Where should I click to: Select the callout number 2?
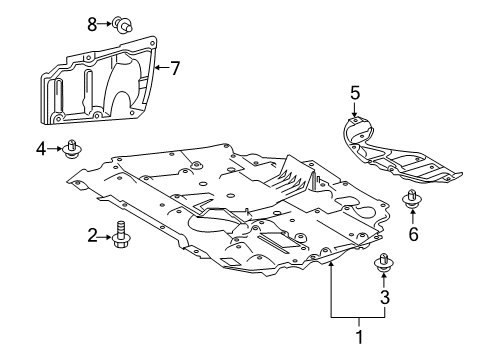[x=91, y=235]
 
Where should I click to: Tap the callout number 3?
[x=383, y=298]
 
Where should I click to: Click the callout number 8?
[x=92, y=22]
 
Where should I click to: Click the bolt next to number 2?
[x=122, y=236]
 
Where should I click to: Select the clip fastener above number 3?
[x=383, y=264]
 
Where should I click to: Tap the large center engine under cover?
[x=240, y=210]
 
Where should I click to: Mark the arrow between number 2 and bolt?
[x=106, y=236]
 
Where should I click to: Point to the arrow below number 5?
[x=354, y=113]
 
